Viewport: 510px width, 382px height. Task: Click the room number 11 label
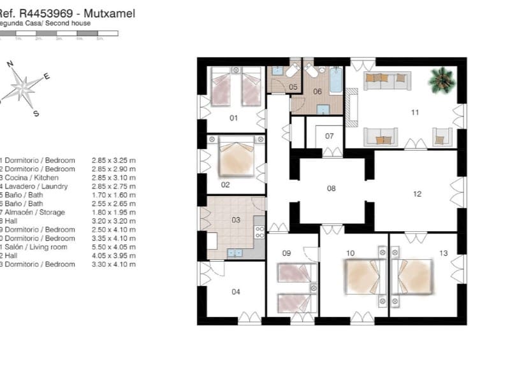pos(414,113)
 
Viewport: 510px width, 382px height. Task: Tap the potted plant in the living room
pos(441,80)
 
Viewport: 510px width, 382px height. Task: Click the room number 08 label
pos(331,188)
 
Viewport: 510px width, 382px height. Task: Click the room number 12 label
pos(417,194)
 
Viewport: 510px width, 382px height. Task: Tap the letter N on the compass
pos(10,64)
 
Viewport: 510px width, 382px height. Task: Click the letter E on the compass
pos(47,76)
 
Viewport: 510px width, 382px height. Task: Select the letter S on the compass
pos(36,114)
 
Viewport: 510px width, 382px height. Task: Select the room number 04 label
pos(236,292)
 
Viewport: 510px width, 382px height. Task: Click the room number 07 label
pos(330,136)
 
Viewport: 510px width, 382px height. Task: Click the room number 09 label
pos(286,253)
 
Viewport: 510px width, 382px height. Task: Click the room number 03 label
pos(236,220)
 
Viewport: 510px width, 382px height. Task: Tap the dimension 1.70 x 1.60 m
pos(113,195)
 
